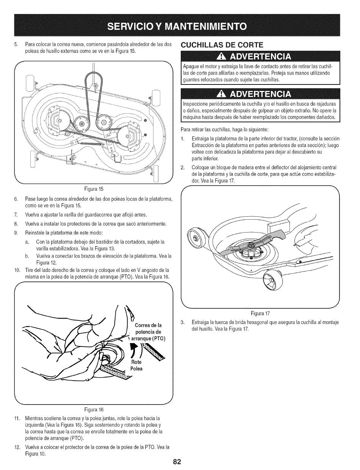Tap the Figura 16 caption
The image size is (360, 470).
tap(92, 409)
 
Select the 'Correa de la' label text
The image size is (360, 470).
tap(148, 326)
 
